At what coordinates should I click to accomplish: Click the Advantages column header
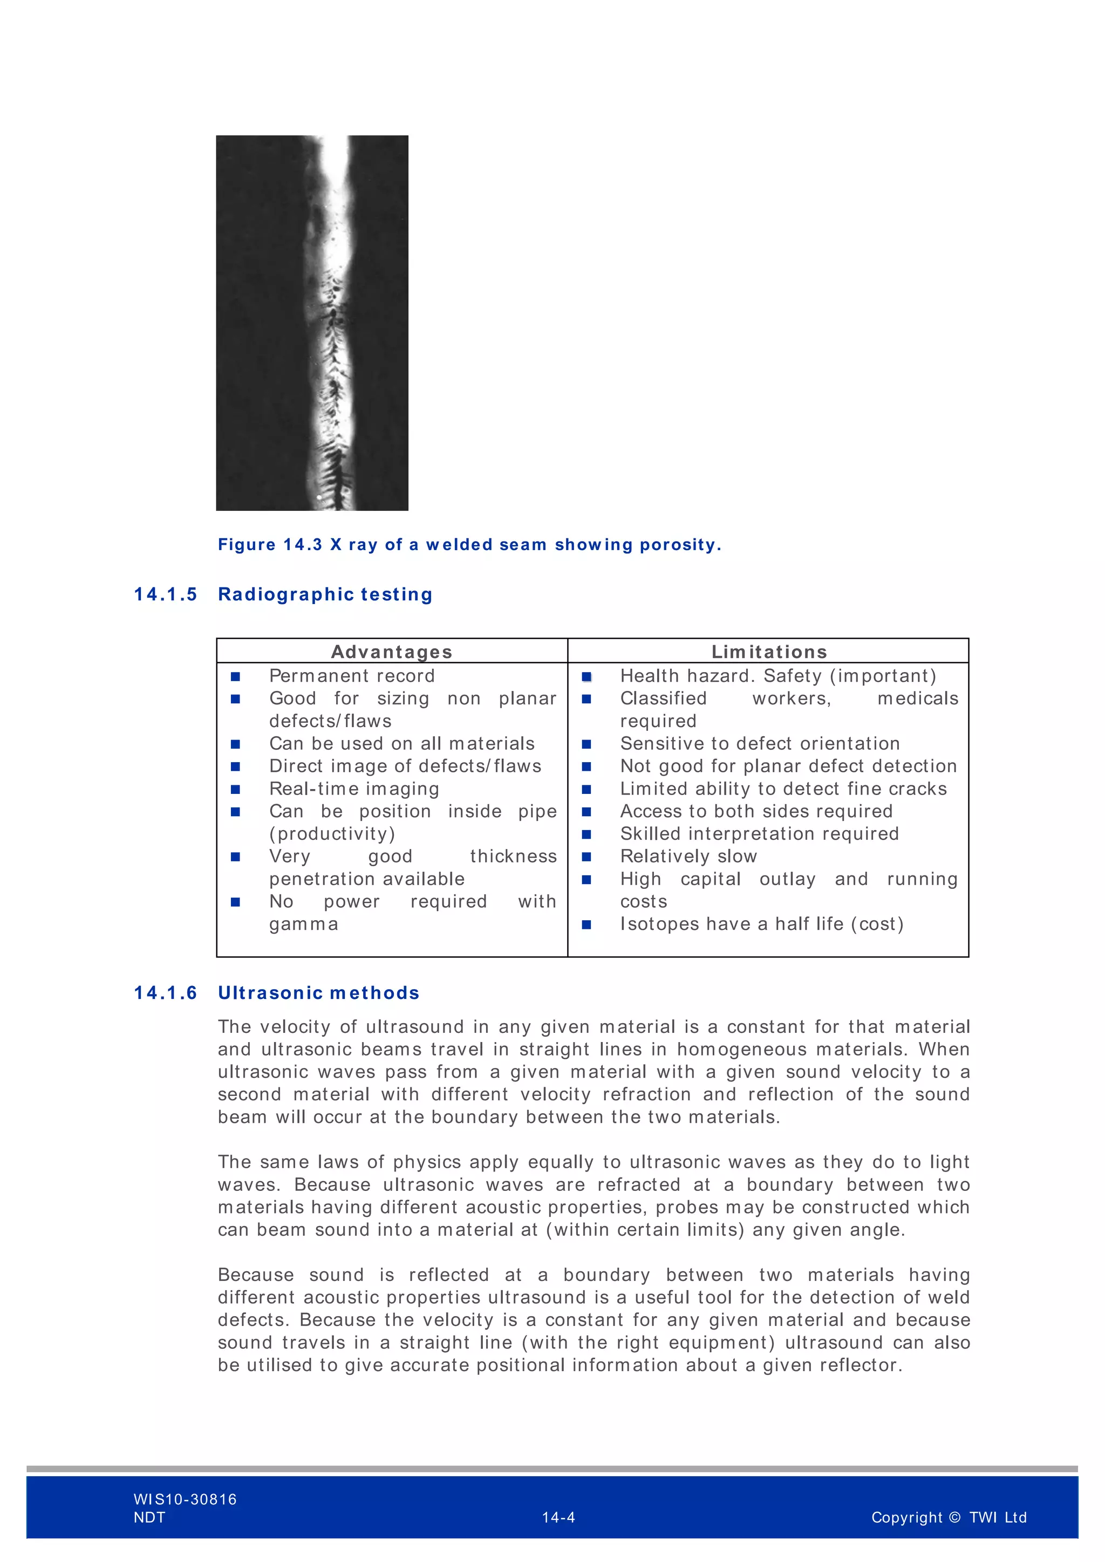pos(391,652)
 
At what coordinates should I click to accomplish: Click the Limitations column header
pos(769,652)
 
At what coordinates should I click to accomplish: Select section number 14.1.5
pos(165,594)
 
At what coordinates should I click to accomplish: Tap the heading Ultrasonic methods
pos(318,994)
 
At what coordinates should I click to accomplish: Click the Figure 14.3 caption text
pos(469,545)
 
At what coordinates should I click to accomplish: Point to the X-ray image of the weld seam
pos(312,323)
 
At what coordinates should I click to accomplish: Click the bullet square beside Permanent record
pos(235,676)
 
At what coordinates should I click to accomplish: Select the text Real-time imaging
pos(354,789)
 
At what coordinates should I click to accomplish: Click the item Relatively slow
pos(688,857)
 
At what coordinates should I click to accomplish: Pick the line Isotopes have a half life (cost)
pos(761,924)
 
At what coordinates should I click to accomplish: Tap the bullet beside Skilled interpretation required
pos(586,834)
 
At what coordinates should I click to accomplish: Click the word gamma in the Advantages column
pos(303,924)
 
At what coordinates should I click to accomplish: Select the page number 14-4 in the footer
pos(558,1517)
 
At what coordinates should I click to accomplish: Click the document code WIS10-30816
pos(185,1499)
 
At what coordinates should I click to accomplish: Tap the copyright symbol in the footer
pos(954,1517)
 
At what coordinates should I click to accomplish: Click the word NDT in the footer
pos(149,1518)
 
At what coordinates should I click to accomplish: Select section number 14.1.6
pos(165,994)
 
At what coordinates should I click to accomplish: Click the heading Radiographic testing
pos(325,594)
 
